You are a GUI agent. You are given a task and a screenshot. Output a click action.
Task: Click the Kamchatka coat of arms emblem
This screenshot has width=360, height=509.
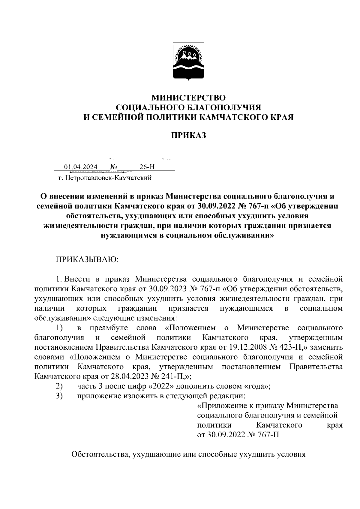tap(188, 62)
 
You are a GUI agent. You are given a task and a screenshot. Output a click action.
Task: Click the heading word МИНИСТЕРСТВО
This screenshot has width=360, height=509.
tap(188, 98)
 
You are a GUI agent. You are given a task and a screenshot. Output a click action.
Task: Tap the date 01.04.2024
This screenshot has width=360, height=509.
tap(80, 167)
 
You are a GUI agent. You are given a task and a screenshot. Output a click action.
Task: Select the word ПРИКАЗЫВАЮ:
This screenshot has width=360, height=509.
tap(87, 259)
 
